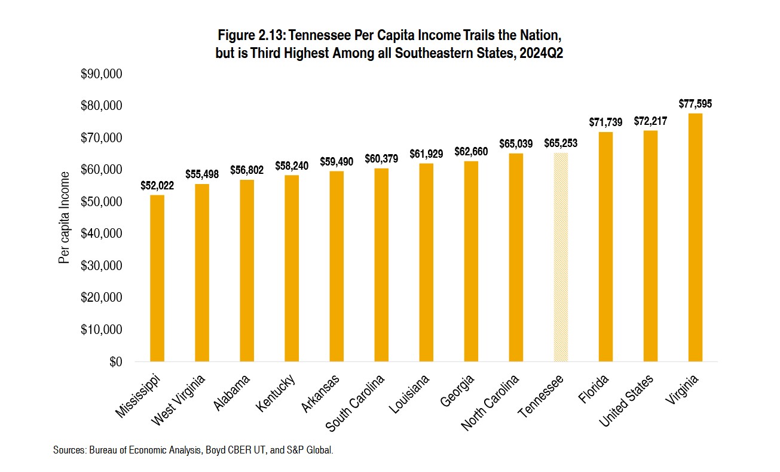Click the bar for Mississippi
157,278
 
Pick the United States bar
650,246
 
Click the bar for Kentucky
292,268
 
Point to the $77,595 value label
695,104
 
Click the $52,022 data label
157,186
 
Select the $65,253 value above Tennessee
561,143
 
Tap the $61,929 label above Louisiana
426,154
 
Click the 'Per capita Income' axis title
64,217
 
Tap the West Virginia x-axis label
179,400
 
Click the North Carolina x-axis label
490,403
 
